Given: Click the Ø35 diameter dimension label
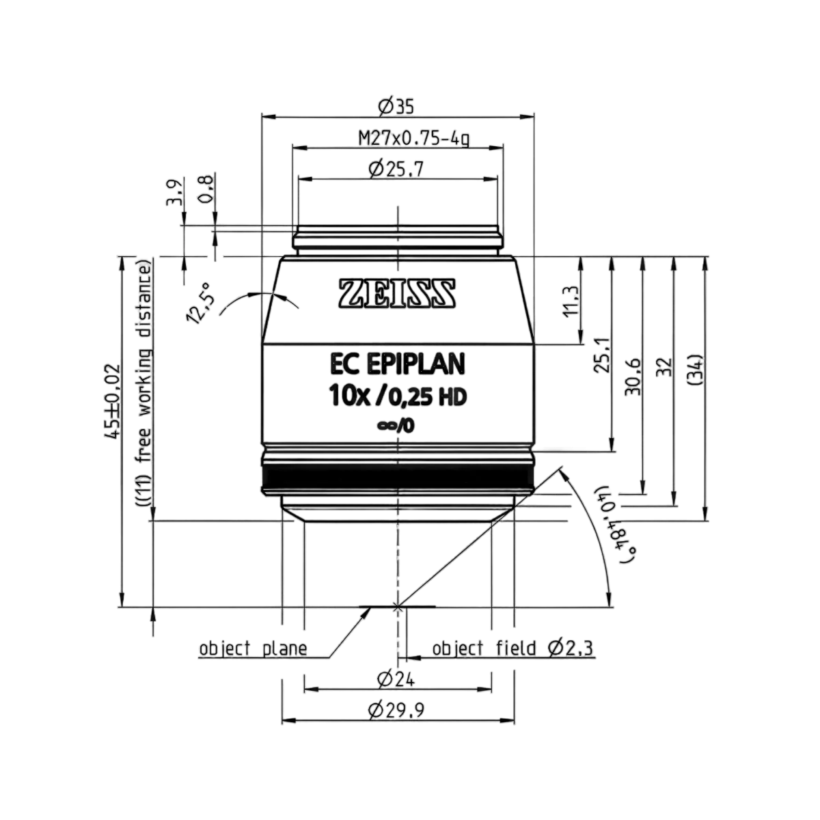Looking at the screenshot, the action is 396,107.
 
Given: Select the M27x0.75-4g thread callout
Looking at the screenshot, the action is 414,138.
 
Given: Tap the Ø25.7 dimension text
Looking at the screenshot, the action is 396,169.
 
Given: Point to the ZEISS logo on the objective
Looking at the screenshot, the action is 397,293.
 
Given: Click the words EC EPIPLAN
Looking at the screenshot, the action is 398,365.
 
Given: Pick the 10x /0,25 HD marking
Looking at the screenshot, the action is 398,398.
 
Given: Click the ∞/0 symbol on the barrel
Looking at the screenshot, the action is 396,426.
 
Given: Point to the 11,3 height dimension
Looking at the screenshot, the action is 570,301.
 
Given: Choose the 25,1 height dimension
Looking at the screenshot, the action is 602,355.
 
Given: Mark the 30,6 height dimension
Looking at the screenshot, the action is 633,377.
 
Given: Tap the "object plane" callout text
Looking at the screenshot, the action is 254,648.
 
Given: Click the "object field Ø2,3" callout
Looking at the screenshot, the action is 512,648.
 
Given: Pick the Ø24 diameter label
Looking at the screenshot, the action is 396,679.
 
